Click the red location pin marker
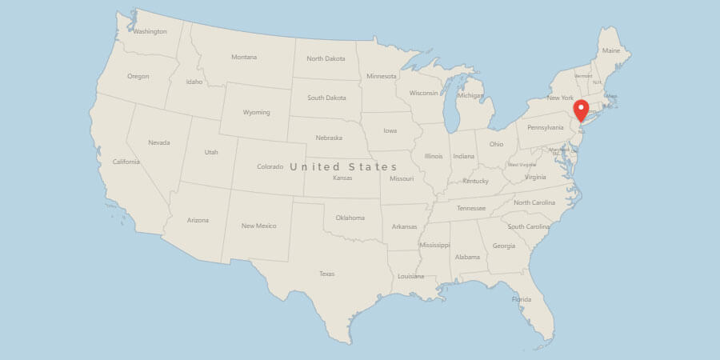[x=582, y=110]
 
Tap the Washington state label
[x=150, y=32]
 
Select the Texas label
[x=326, y=274]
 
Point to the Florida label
[x=521, y=299]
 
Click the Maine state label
[x=611, y=50]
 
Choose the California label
[x=126, y=162]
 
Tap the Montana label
[x=244, y=57]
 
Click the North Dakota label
[x=326, y=58]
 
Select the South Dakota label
[x=328, y=98]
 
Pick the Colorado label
[x=270, y=166]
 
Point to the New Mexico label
[x=258, y=226]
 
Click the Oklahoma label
[x=350, y=218]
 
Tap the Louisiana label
[x=410, y=275]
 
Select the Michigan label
[x=470, y=96]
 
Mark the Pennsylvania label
[x=546, y=127]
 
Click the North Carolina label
[x=534, y=202]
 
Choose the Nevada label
[x=158, y=142]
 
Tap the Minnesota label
[x=381, y=76]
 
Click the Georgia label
[x=504, y=246]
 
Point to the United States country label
[x=343, y=166]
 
